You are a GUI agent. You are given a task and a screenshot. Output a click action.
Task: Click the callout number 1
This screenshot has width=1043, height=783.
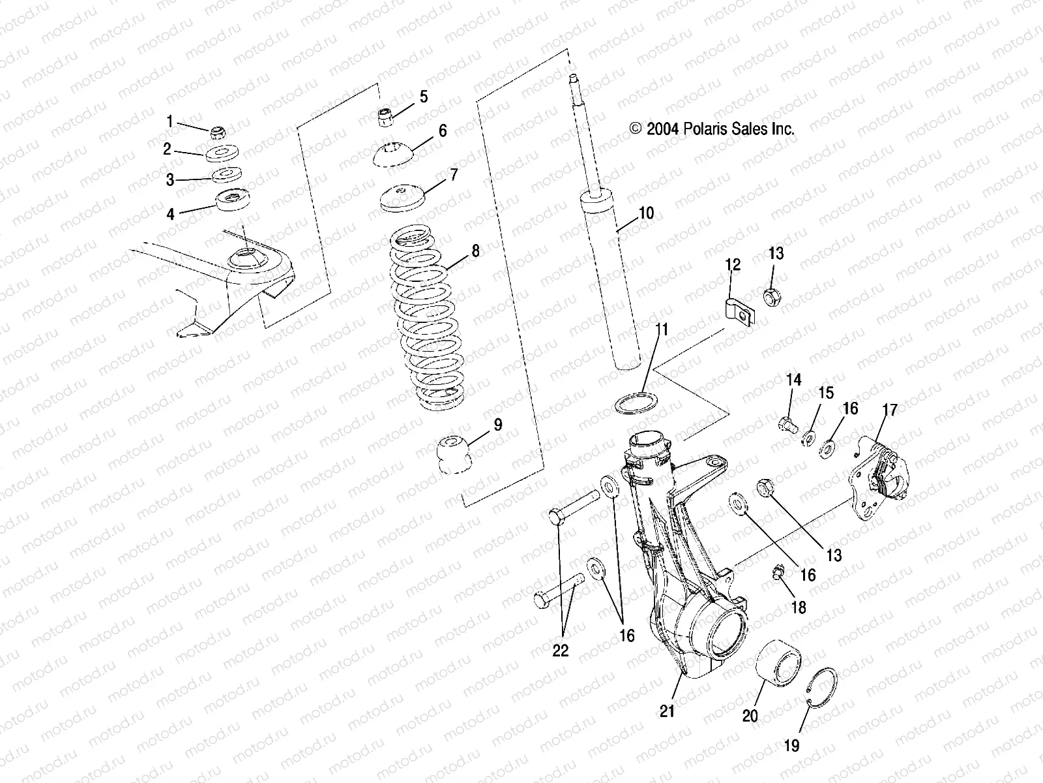coord(170,121)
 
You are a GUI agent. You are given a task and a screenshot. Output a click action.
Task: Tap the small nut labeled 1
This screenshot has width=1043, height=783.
coord(218,133)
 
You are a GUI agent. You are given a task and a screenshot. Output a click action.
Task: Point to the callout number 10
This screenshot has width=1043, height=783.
coord(646,213)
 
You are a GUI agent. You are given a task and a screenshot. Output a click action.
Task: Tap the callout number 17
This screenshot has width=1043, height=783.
coord(890,410)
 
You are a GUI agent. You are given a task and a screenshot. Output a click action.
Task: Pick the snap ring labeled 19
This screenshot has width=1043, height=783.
coord(822,686)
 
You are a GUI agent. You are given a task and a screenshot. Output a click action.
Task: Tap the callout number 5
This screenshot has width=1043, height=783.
coord(424,97)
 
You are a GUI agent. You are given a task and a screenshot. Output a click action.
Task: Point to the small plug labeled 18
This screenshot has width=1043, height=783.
coord(777,572)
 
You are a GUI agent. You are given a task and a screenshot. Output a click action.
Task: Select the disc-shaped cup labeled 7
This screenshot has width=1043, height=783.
coord(402,198)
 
